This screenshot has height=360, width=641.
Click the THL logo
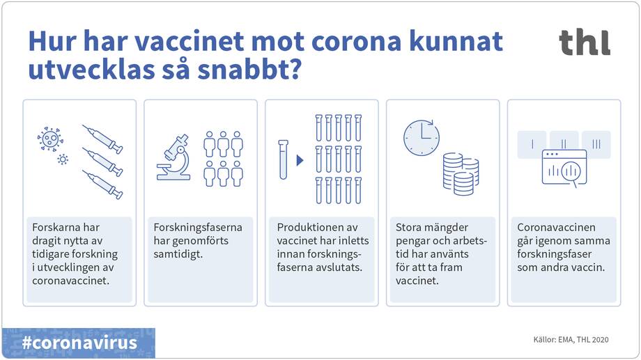(x=584, y=42)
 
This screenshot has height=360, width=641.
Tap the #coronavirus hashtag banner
(x=79, y=343)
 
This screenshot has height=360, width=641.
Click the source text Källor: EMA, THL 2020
(x=571, y=340)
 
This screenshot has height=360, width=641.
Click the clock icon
(x=421, y=137)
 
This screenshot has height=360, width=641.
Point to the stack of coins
(x=461, y=175)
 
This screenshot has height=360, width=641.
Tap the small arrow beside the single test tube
(x=300, y=160)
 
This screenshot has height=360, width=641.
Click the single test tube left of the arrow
(x=284, y=159)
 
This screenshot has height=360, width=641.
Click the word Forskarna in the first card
(x=56, y=228)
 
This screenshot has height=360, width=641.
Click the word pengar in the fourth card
(x=412, y=241)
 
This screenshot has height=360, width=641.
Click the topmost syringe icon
(x=102, y=139)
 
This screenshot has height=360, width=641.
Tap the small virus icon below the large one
(x=63, y=159)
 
